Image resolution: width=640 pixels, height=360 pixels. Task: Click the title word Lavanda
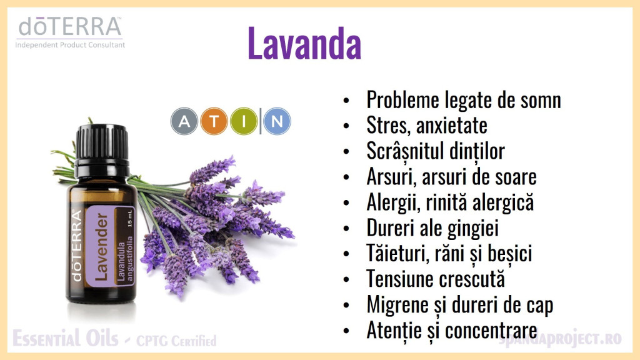304,43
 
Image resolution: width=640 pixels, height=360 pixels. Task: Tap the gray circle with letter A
184,121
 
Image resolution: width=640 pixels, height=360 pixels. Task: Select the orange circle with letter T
214,121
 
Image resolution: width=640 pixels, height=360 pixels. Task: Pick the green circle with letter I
244,121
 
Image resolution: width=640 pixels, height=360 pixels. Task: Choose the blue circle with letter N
277,121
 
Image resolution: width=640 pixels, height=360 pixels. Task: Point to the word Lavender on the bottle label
102,246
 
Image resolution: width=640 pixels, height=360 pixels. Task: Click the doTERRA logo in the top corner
70,27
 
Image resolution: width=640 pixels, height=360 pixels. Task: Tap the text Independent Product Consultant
70,45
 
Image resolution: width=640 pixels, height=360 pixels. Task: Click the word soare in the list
516,177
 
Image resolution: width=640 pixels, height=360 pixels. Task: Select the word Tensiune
398,279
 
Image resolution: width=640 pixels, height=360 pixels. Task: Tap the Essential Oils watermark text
65,338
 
